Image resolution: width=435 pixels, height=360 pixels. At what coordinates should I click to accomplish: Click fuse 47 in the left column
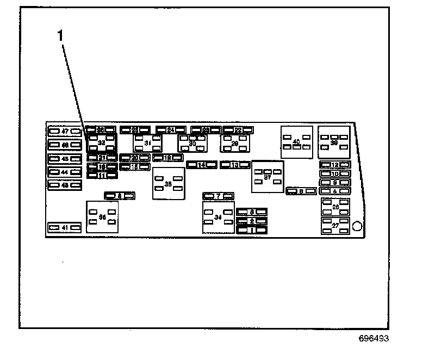click(x=65, y=132)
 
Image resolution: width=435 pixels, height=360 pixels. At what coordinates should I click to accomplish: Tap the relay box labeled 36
click(x=102, y=217)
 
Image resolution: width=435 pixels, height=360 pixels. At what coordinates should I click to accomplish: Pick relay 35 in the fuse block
click(x=168, y=184)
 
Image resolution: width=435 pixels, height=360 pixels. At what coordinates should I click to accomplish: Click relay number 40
click(x=296, y=142)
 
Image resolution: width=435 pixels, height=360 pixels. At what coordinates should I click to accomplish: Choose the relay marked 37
click(x=268, y=177)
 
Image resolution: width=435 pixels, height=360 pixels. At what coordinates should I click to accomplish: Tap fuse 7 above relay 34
click(x=218, y=196)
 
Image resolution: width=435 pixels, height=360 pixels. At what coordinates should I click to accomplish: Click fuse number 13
click(x=235, y=165)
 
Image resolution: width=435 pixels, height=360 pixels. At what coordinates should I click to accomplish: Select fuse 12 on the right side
click(x=335, y=165)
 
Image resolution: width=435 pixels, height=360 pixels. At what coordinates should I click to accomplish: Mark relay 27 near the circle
click(x=335, y=225)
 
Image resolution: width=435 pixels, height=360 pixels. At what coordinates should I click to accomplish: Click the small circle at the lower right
click(x=357, y=226)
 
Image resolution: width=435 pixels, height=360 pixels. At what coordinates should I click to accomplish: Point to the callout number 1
click(x=61, y=35)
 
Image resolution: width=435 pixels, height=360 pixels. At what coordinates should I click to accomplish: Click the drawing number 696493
click(x=374, y=338)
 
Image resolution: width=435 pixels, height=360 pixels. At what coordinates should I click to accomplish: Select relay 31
click(x=147, y=144)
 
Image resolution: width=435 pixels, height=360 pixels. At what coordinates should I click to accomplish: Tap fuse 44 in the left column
click(x=65, y=172)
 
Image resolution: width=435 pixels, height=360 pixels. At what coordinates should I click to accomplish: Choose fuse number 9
click(x=335, y=183)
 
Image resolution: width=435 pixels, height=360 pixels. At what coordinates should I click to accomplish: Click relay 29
click(x=235, y=144)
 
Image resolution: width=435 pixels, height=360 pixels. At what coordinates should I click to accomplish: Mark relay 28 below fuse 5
click(x=335, y=207)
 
